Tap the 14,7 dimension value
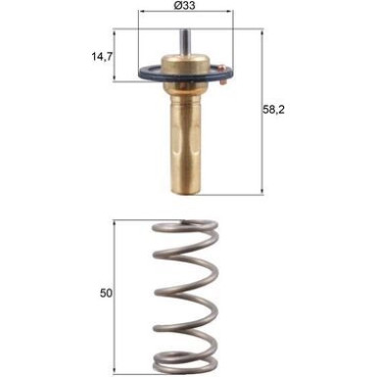point(101,57)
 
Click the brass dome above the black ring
point(184,65)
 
